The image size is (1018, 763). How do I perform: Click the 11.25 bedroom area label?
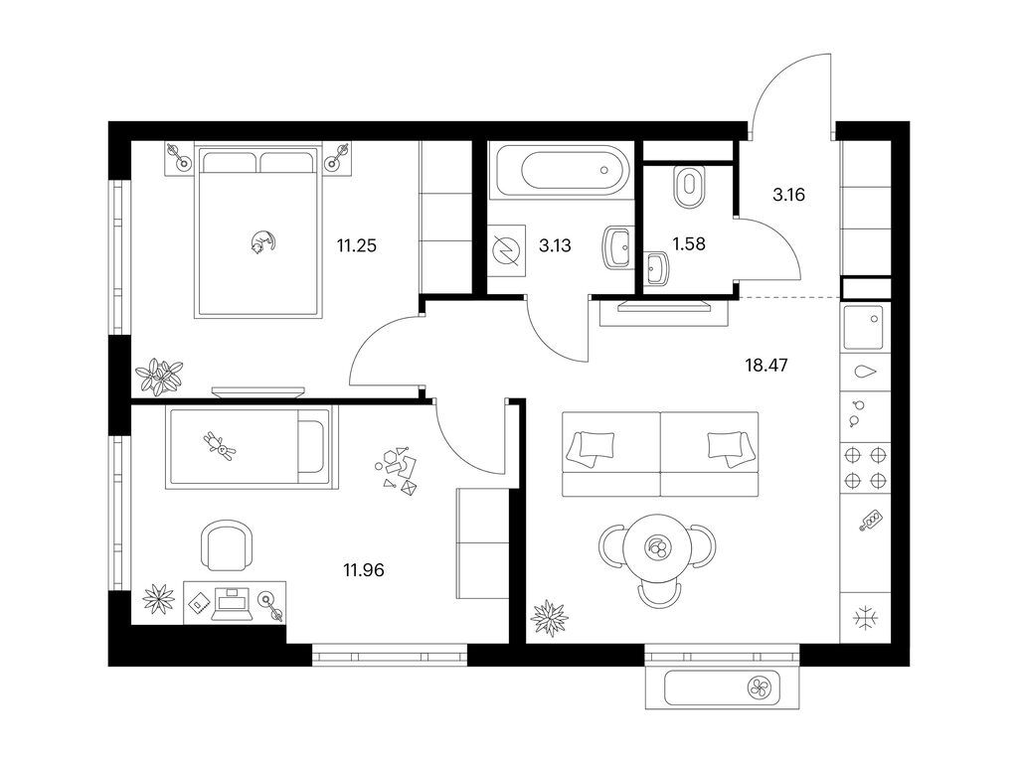(357, 246)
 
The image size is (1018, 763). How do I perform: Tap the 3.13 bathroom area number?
(555, 245)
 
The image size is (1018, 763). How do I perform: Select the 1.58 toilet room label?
(689, 244)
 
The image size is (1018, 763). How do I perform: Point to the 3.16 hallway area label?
(788, 194)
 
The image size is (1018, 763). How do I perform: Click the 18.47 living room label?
(766, 366)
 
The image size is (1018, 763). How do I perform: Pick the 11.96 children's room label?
(364, 570)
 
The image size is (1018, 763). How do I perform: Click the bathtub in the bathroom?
(562, 170)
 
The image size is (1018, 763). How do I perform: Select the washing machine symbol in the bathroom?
(506, 250)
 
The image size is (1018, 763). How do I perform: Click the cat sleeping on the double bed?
(263, 241)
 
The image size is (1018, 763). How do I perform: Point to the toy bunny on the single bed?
(220, 446)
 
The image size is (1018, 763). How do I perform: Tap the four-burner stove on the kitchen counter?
(865, 468)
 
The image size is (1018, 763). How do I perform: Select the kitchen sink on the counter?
(864, 327)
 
